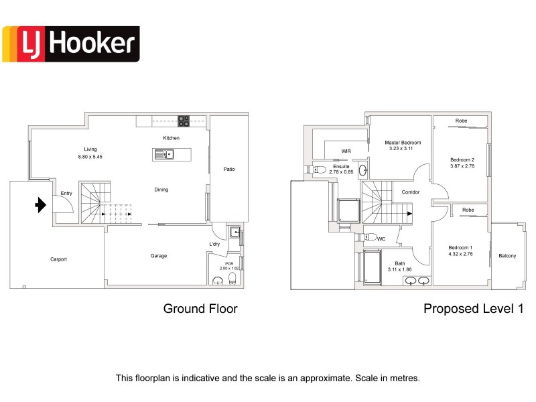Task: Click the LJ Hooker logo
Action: [71, 44]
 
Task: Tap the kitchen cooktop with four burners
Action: [184, 121]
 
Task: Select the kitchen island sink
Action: [164, 155]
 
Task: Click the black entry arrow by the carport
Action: [41, 205]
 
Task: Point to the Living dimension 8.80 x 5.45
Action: [90, 157]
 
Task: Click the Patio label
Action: [229, 170]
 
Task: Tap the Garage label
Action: [159, 256]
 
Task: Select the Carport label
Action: [58, 259]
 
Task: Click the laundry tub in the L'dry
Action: [235, 232]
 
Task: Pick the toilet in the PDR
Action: [232, 279]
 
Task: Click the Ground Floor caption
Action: [200, 309]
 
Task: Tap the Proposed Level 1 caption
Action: [474, 309]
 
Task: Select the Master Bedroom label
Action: [403, 143]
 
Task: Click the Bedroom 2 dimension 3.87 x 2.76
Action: [462, 166]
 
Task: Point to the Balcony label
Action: [507, 256]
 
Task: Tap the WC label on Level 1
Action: [381, 239]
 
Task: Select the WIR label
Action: [346, 151]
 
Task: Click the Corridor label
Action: [410, 192]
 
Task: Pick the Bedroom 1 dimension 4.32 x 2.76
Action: [460, 254]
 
